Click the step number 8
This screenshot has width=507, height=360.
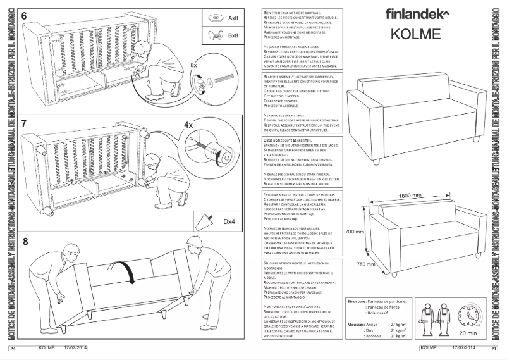(25, 241)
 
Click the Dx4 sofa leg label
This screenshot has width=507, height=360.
(229, 221)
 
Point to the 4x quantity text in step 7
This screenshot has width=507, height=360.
(188, 125)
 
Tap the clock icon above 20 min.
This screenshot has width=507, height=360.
(470, 314)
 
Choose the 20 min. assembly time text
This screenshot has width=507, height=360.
(469, 333)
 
